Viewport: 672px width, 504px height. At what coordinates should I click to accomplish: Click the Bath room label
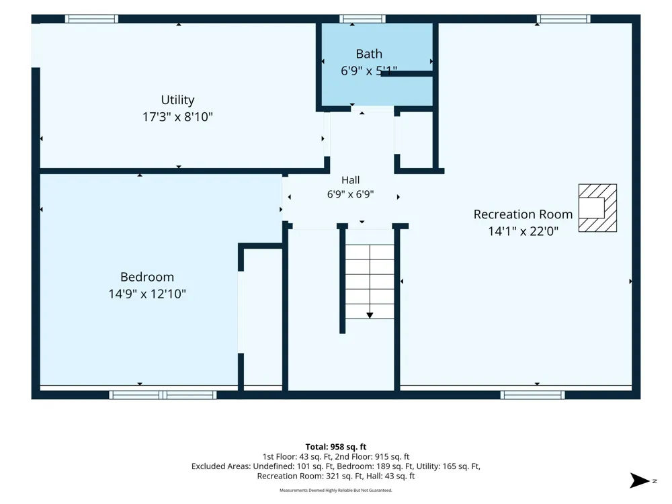pyautogui.click(x=368, y=54)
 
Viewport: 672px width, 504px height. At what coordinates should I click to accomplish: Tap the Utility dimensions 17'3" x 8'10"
pyautogui.click(x=177, y=116)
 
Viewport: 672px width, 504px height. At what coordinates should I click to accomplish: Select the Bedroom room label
pyautogui.click(x=147, y=277)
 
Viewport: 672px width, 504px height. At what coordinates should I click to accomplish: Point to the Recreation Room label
pyautogui.click(x=523, y=214)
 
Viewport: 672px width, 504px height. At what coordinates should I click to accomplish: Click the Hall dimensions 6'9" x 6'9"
pyautogui.click(x=350, y=194)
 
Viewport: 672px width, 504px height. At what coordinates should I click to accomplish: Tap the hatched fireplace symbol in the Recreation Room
pyautogui.click(x=597, y=208)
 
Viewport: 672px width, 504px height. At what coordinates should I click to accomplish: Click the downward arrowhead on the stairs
pyautogui.click(x=370, y=315)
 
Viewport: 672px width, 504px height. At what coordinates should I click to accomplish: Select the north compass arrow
pyautogui.click(x=640, y=480)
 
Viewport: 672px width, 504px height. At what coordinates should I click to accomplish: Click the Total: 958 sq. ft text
pyautogui.click(x=336, y=447)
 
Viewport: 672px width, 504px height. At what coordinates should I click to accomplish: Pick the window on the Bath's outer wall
pyautogui.click(x=362, y=19)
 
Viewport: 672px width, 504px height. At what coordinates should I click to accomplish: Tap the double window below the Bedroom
pyautogui.click(x=163, y=395)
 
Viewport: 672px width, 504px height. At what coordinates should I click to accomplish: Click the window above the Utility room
pyautogui.click(x=91, y=19)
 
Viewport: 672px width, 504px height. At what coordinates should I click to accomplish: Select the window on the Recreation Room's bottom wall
pyautogui.click(x=532, y=395)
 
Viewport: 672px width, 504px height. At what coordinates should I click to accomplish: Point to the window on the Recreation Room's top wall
pyautogui.click(x=563, y=19)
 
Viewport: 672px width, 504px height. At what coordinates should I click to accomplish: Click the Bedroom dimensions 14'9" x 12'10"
pyautogui.click(x=147, y=294)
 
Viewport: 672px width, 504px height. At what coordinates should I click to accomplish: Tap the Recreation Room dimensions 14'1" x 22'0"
pyautogui.click(x=523, y=231)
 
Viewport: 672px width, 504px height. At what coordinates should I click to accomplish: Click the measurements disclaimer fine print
pyautogui.click(x=336, y=491)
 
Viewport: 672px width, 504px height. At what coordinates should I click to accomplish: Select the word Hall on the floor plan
pyautogui.click(x=350, y=180)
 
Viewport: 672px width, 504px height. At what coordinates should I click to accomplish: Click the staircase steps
pyautogui.click(x=370, y=282)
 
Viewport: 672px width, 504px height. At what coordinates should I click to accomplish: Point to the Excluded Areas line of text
pyautogui.click(x=336, y=466)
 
